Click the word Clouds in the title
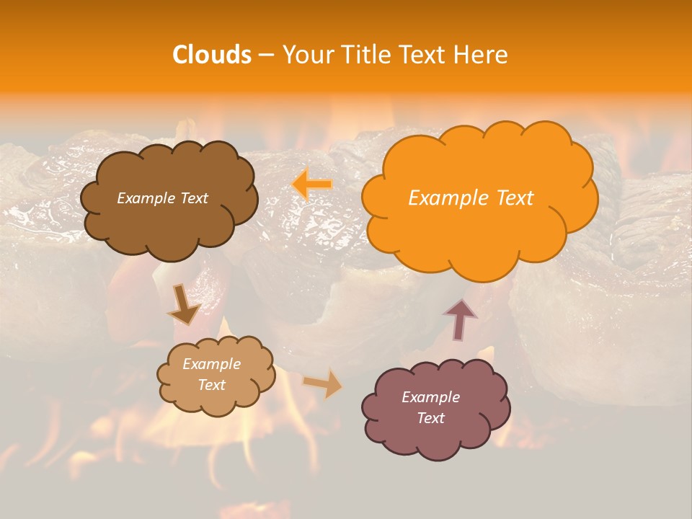[x=211, y=55]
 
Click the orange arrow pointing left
[x=311, y=185]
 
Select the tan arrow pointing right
[x=324, y=384]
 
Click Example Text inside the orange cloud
[x=471, y=198]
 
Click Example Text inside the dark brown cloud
[x=162, y=198]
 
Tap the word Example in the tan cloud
[x=211, y=364]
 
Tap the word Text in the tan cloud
[x=211, y=385]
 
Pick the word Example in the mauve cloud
[x=430, y=397]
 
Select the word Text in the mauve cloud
[x=430, y=418]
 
